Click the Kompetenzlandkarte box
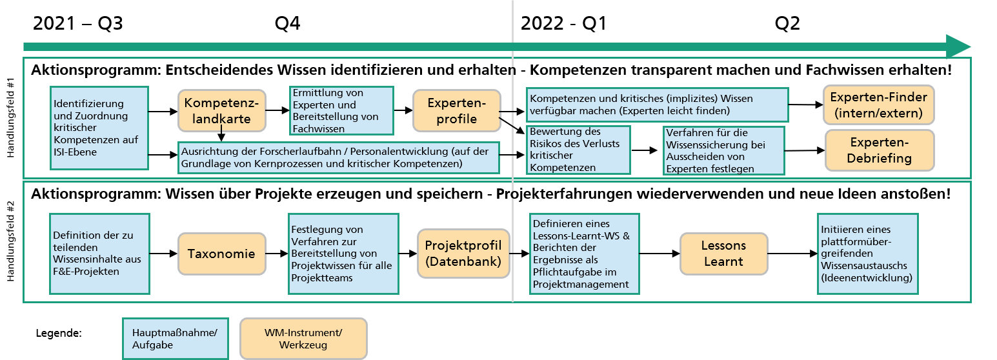click(x=221, y=111)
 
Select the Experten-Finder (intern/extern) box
click(x=879, y=105)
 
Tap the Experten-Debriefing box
click(x=880, y=150)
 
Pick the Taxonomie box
click(x=221, y=254)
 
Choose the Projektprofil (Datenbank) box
click(x=463, y=254)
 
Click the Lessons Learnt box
click(x=724, y=254)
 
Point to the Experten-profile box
click(x=457, y=111)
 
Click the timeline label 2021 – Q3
click(x=78, y=23)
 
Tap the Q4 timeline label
click(x=288, y=23)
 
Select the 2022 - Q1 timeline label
click(x=563, y=23)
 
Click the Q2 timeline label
click(x=787, y=23)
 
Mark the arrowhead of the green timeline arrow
click(x=971, y=46)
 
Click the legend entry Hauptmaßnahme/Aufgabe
click(x=176, y=339)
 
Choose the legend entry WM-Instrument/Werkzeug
click(x=303, y=339)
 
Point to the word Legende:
click(x=59, y=333)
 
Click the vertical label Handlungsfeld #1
click(x=11, y=117)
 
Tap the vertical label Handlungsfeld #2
click(x=11, y=241)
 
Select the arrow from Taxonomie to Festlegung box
click(x=277, y=254)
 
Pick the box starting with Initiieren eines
click(x=868, y=254)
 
